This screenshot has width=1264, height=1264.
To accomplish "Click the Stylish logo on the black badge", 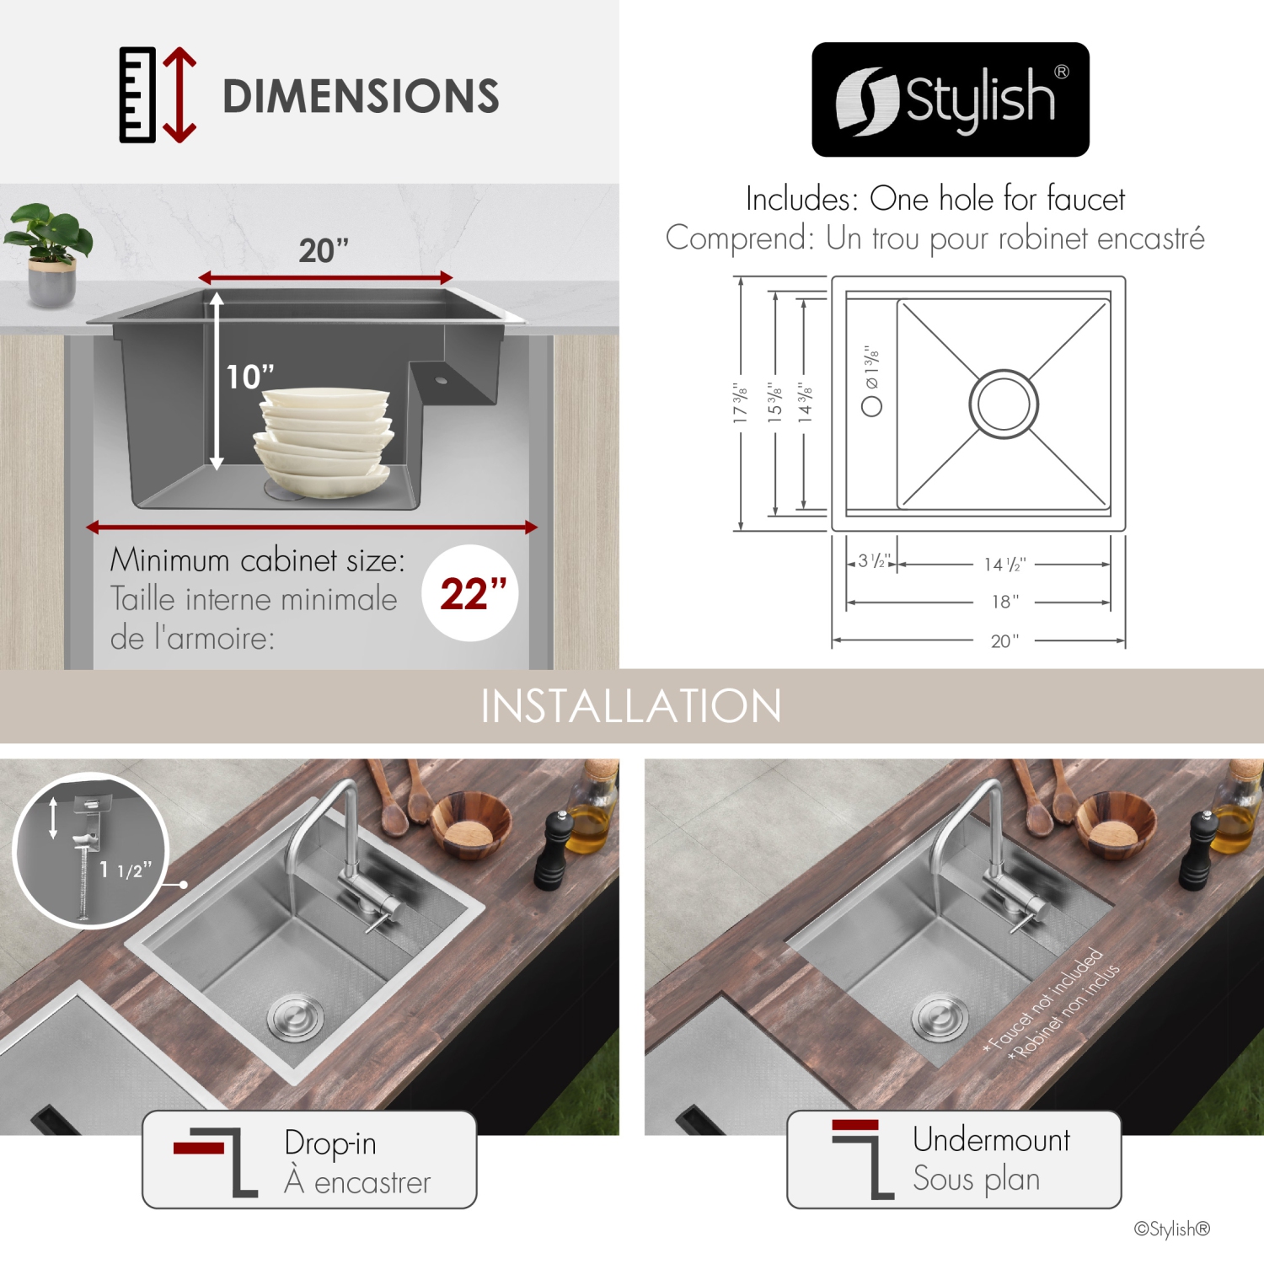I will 950,99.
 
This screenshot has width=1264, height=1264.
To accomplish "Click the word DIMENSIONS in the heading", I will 361,96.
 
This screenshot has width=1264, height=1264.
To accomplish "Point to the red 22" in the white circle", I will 473,594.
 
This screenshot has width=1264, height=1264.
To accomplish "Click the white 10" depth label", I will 249,377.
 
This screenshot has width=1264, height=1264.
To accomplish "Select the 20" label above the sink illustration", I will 324,250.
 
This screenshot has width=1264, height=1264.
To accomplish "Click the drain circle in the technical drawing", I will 1003,404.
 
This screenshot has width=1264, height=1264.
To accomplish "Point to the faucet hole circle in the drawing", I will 871,406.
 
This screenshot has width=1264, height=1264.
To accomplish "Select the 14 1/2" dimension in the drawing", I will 1004,565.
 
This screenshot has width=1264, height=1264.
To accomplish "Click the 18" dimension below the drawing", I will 1004,602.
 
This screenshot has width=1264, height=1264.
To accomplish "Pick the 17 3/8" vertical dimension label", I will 740,403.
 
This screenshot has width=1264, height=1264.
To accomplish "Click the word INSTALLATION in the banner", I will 631,706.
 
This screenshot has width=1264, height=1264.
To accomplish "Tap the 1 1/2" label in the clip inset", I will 125,870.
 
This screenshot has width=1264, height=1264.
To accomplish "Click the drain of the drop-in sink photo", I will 295,1016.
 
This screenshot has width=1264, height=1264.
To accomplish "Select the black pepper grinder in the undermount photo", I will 1195,850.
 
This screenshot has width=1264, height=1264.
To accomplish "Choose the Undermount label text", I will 991,1139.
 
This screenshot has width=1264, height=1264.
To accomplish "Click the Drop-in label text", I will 330,1143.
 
